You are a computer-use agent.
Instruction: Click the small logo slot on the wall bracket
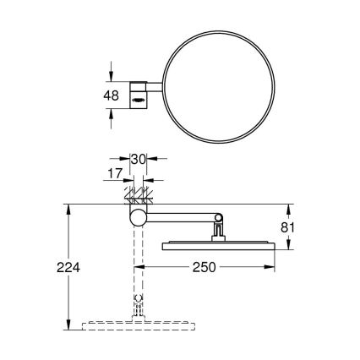coord(137,101)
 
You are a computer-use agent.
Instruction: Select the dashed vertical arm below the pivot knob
coord(135,270)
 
